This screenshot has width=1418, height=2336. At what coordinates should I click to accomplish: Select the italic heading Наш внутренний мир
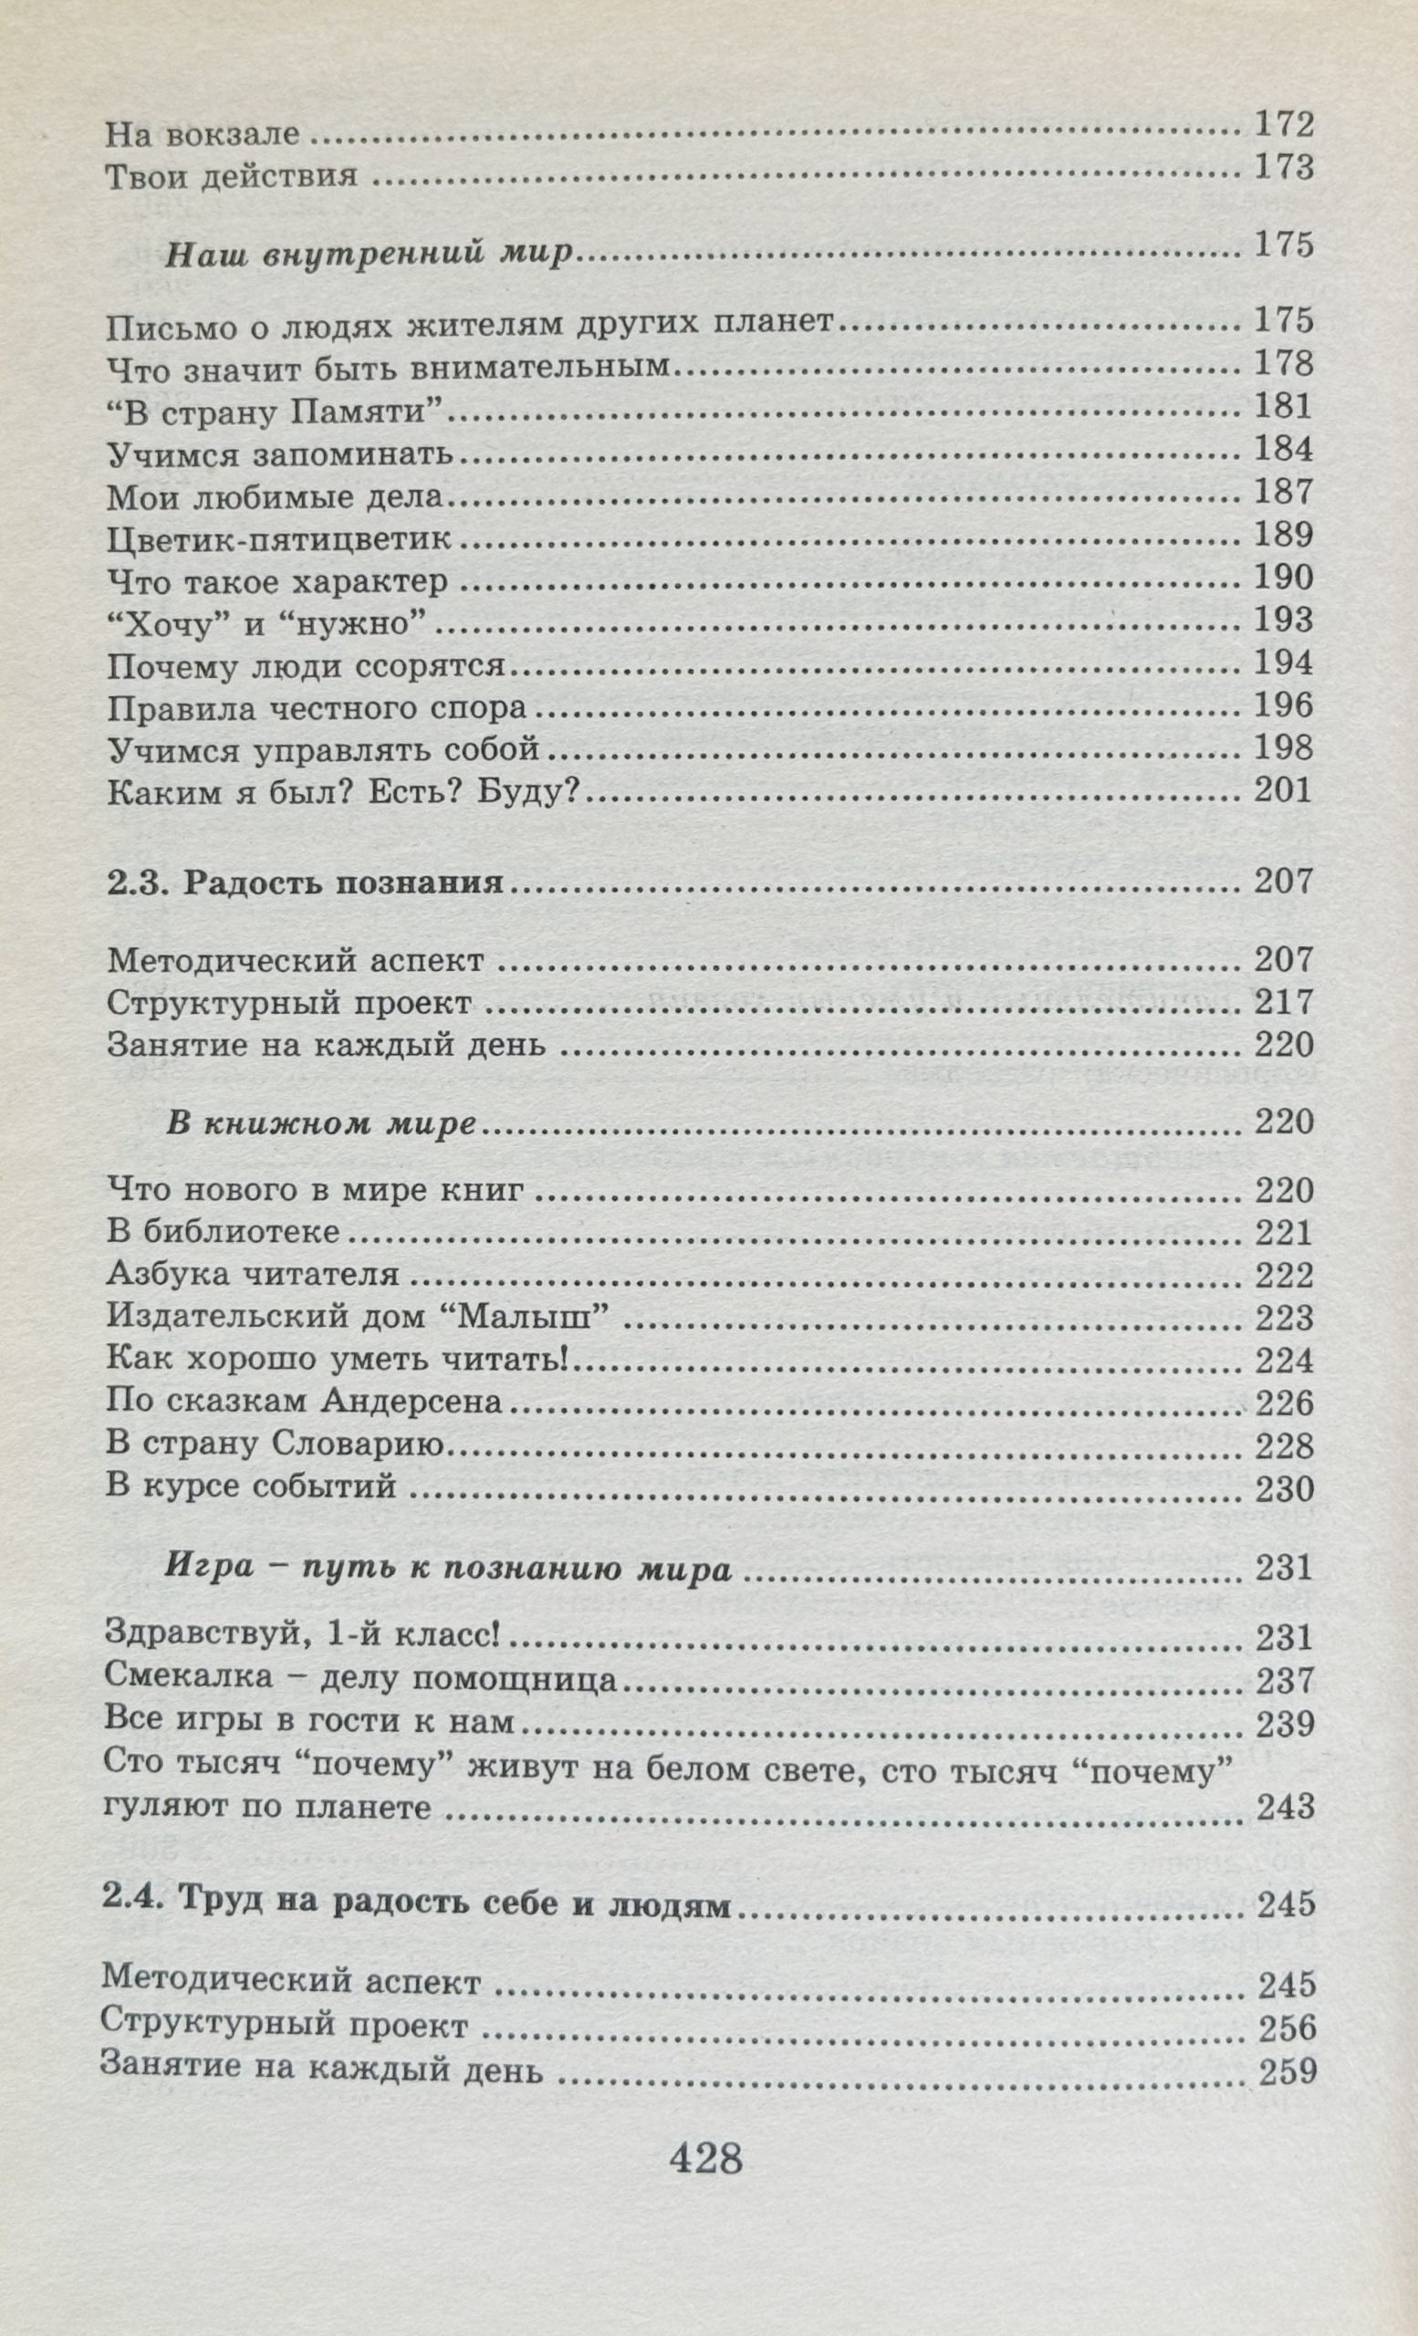(370, 254)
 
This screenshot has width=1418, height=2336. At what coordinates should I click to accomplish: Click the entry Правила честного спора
(317, 708)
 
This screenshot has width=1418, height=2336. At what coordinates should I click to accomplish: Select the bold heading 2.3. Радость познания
(304, 882)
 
